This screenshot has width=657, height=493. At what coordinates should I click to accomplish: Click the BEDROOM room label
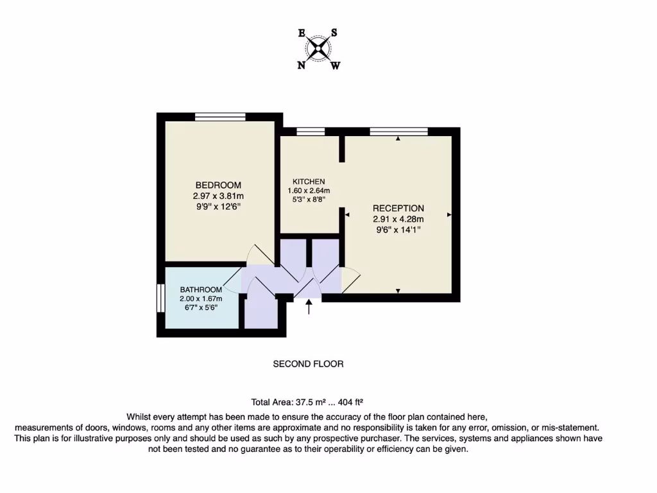pyautogui.click(x=218, y=185)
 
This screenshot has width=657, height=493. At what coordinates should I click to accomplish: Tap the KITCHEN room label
pyautogui.click(x=309, y=182)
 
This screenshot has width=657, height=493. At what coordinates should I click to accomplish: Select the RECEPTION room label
pyautogui.click(x=398, y=208)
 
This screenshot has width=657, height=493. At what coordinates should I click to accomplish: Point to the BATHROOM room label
pyautogui.click(x=200, y=290)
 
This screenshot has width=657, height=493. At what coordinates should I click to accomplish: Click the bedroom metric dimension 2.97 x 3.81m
pyautogui.click(x=218, y=196)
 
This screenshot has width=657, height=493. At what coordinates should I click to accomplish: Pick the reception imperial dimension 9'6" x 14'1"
pyautogui.click(x=398, y=229)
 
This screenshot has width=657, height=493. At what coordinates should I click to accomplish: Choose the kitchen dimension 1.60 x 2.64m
pyautogui.click(x=309, y=191)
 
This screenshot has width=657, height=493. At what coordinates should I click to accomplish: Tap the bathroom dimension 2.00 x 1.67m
pyautogui.click(x=200, y=298)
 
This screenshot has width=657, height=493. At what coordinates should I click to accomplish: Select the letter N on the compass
pyautogui.click(x=302, y=64)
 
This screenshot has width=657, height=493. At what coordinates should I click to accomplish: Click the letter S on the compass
pyautogui.click(x=334, y=33)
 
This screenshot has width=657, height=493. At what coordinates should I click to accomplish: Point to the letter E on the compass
pyautogui.click(x=302, y=33)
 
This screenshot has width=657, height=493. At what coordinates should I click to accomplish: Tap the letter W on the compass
pyautogui.click(x=335, y=65)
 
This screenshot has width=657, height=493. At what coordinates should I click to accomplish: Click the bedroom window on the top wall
pyautogui.click(x=220, y=117)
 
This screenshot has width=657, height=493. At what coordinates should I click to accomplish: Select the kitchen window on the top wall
pyautogui.click(x=311, y=132)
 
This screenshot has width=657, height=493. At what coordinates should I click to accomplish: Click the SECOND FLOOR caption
pyautogui.click(x=308, y=364)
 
